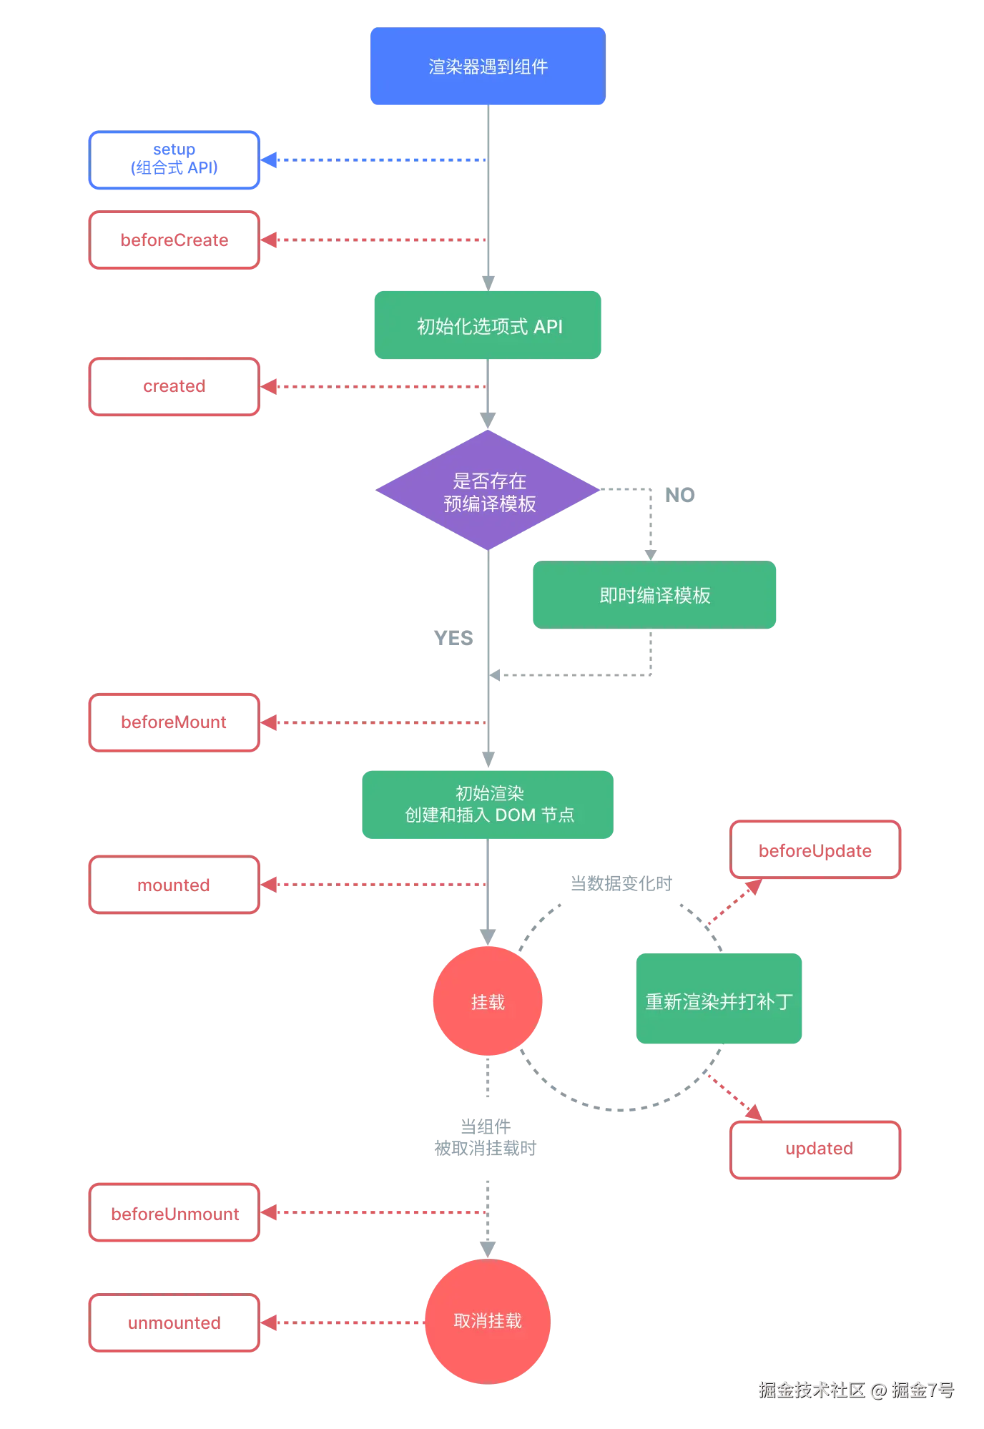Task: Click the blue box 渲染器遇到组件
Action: coord(488,67)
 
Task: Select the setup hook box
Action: coord(174,160)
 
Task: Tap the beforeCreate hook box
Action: coord(174,240)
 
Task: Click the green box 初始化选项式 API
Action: coord(488,325)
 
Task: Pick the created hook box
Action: coord(174,387)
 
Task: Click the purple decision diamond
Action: coord(488,491)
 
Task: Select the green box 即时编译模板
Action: coord(654,595)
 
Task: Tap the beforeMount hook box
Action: coord(174,723)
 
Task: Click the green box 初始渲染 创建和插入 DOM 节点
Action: coord(488,804)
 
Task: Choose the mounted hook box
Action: coord(174,885)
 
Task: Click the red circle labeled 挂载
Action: coord(488,1001)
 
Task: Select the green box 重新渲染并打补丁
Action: coord(719,1000)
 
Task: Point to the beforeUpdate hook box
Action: coord(815,850)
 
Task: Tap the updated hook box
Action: coord(815,1149)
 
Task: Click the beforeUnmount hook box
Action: coord(174,1214)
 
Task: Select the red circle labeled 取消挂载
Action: coord(488,1320)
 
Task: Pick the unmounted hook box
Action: coord(174,1323)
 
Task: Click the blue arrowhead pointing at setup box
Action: coord(270,160)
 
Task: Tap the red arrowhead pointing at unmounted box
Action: coord(270,1323)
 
